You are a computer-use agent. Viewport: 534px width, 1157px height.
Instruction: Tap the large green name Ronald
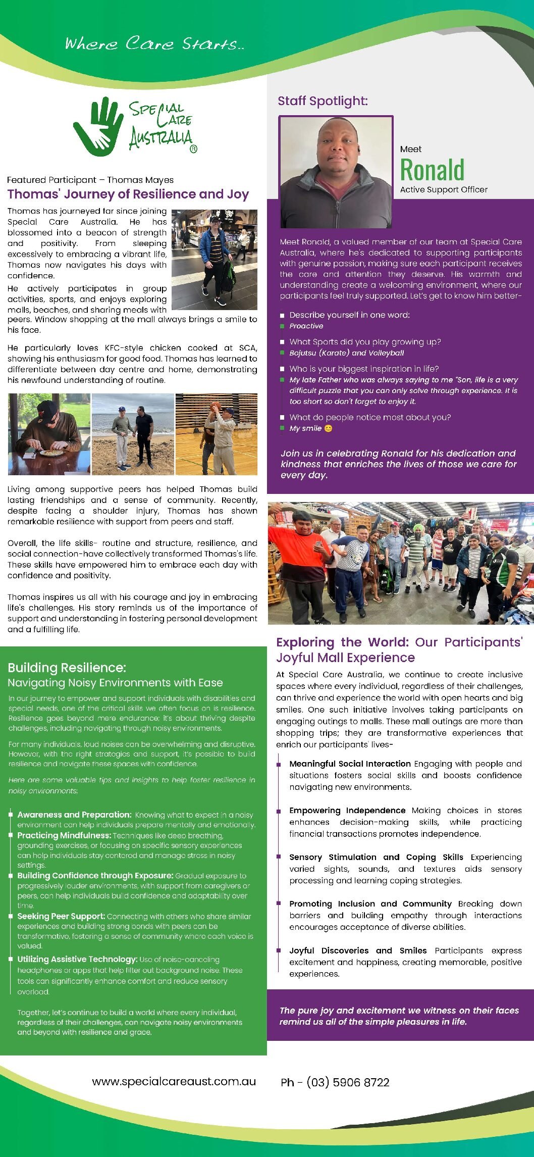coord(432,170)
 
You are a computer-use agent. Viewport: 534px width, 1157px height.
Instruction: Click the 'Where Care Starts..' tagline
coord(154,43)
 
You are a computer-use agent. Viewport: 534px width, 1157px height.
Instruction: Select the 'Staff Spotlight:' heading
coord(323,101)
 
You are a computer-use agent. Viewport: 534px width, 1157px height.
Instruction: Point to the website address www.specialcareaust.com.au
coord(174,1081)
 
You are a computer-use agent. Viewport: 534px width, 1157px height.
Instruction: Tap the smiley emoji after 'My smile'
coord(328,429)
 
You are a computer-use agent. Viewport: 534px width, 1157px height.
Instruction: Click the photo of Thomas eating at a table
coord(49,434)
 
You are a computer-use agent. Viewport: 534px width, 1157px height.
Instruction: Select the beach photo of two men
coord(133,434)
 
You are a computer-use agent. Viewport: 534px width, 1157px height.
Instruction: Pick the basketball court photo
coord(216,434)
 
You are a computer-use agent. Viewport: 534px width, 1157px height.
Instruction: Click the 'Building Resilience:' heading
coord(67,668)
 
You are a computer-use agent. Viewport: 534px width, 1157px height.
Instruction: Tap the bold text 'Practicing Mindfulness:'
coord(64,835)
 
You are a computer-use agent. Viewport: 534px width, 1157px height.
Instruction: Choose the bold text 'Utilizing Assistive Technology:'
coord(77,959)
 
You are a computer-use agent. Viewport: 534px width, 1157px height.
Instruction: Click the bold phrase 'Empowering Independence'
coord(347,811)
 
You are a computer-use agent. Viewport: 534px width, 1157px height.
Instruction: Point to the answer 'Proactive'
coord(306,326)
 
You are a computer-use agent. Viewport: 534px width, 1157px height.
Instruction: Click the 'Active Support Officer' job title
coord(444,190)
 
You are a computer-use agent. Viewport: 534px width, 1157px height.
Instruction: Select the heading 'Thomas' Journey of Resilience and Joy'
coord(128,194)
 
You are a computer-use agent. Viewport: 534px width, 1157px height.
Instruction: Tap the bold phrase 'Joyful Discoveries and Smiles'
coord(358,950)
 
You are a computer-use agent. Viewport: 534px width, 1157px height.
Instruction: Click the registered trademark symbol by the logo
coord(193,149)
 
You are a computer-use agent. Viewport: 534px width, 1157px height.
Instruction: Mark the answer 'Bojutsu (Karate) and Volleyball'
coord(346,353)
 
